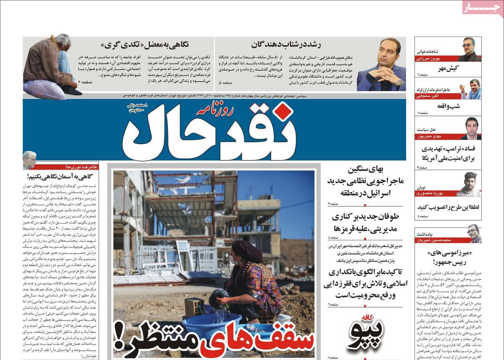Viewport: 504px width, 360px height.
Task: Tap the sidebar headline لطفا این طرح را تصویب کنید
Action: [x=449, y=207]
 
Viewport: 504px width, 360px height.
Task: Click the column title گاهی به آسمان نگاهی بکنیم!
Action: [x=63, y=176]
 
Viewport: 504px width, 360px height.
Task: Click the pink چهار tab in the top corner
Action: [x=483, y=8]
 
